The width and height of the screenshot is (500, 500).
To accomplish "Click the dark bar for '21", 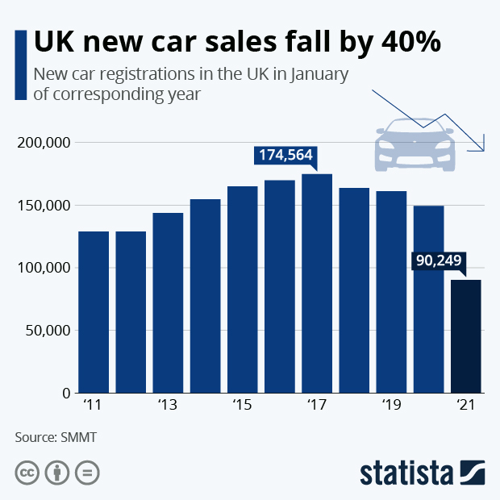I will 466,336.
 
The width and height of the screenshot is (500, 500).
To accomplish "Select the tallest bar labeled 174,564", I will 317,283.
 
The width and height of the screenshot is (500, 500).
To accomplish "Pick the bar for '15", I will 243,290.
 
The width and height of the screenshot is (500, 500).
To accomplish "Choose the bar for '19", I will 391,292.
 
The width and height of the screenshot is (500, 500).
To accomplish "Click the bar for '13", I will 168,302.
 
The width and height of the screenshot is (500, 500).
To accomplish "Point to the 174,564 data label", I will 285,155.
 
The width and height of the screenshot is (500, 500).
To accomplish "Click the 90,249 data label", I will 439,261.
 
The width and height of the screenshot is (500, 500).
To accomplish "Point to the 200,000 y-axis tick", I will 44,143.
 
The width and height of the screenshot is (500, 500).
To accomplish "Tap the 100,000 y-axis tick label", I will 44,268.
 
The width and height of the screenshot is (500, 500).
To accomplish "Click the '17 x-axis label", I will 317,404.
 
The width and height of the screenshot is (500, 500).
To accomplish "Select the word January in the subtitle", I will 318,75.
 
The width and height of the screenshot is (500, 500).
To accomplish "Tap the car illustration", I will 415,145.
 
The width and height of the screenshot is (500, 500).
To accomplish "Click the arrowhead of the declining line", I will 481,147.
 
